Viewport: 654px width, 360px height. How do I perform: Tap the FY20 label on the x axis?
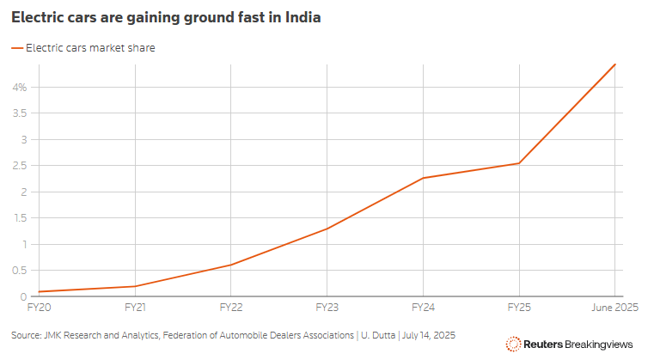click(40, 307)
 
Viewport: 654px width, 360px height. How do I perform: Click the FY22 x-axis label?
click(231, 307)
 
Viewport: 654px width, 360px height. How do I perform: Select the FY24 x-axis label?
click(423, 307)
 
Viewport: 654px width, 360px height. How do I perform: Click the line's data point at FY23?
click(327, 229)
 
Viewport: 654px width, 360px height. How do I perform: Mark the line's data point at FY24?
click(423, 178)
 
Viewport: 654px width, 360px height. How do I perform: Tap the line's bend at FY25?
click(519, 163)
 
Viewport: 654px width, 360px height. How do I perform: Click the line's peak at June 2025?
click(614, 64)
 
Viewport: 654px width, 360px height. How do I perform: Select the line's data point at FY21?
click(136, 286)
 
